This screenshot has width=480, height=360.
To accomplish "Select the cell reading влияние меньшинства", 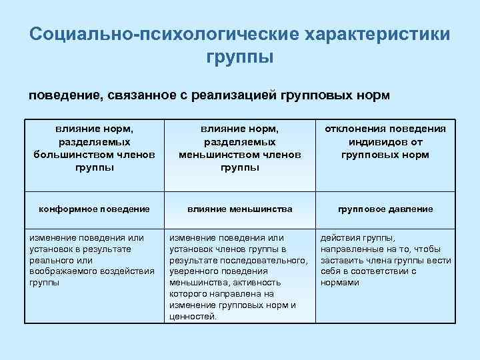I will [240, 209].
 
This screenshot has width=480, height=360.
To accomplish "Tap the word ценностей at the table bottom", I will [193, 317].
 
